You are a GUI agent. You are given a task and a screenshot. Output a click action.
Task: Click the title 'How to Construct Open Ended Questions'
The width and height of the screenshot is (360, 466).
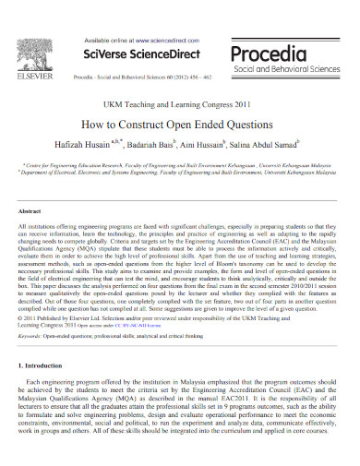180,124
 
